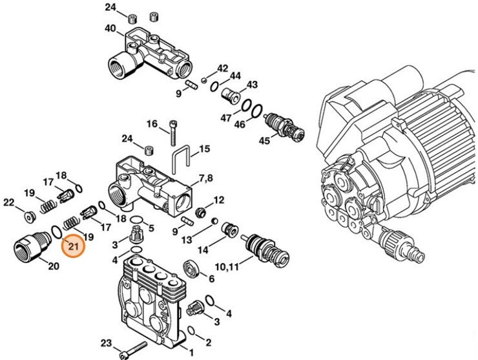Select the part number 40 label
pyautogui.click(x=110, y=28)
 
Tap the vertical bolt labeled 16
pyautogui.click(x=172, y=134)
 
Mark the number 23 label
pyautogui.click(x=106, y=343)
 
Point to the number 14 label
pyautogui.click(x=202, y=250)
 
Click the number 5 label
pyautogui.click(x=151, y=228)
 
